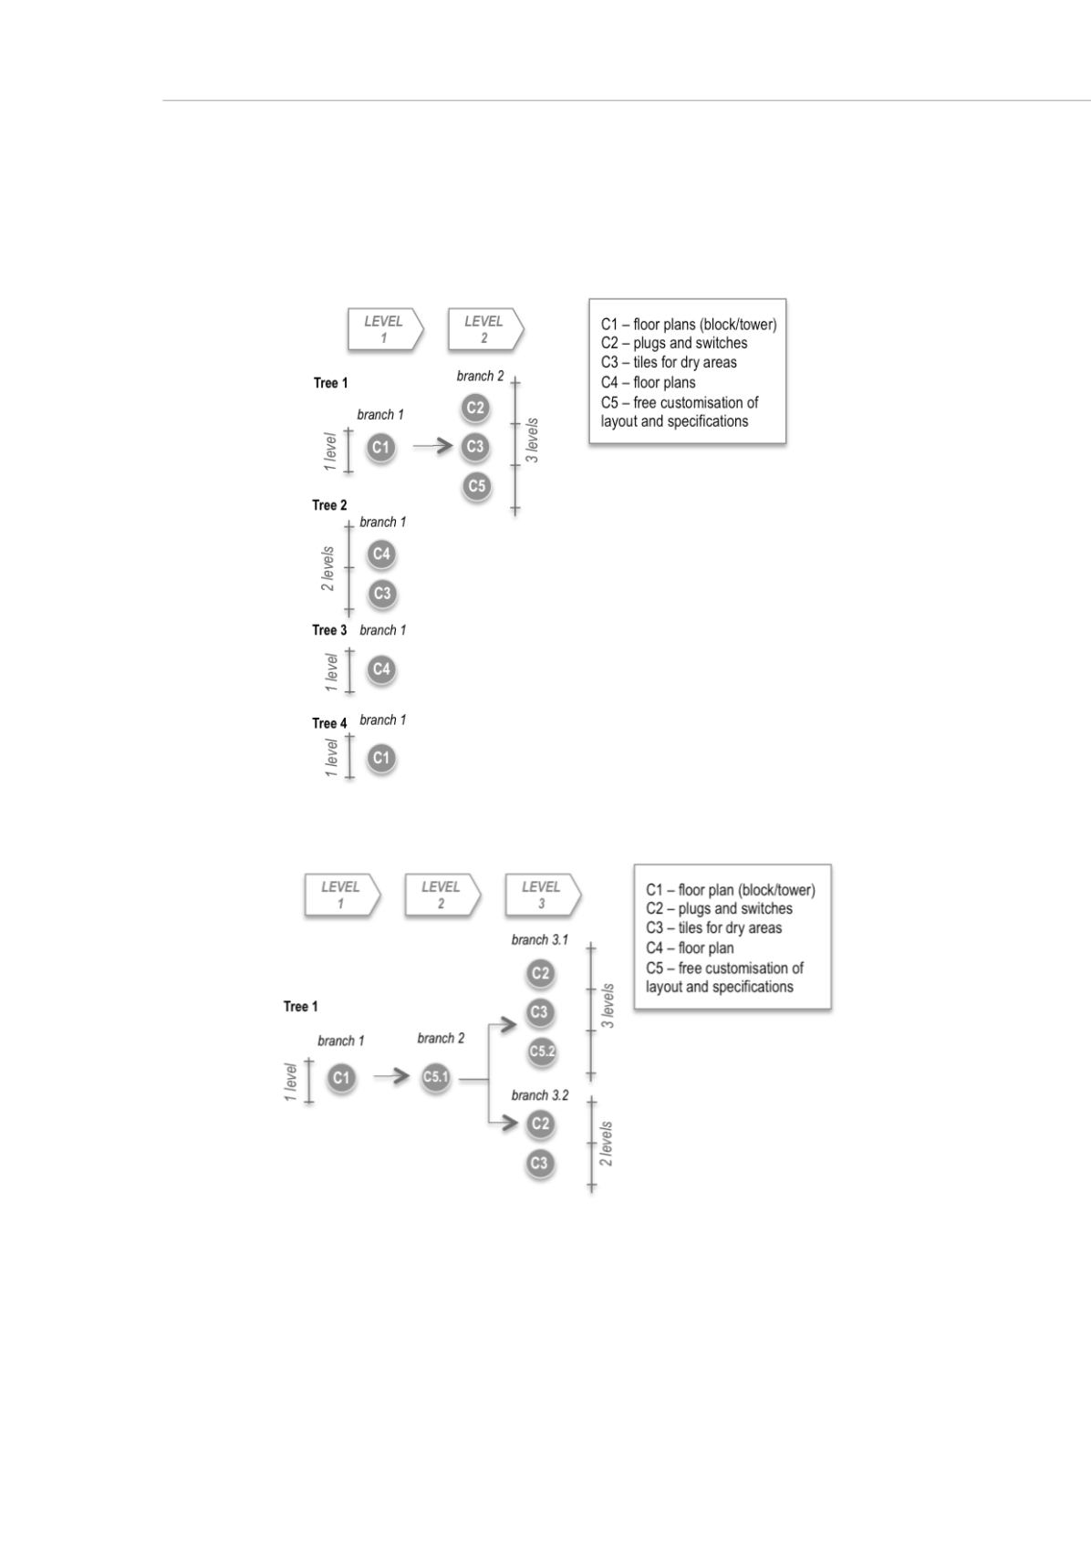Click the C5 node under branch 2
pos(477,486)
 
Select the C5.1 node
pos(435,1076)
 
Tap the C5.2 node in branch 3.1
pos(542,1051)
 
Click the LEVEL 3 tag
pos(543,895)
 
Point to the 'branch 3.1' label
pos(540,939)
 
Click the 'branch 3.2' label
pos(540,1095)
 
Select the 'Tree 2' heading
pos(329,505)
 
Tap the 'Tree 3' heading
pos(329,630)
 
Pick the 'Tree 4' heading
pos(329,723)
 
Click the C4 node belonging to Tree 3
pos(381,668)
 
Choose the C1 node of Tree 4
pos(381,759)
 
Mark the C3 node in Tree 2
pos(382,594)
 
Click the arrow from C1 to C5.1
pos(391,1076)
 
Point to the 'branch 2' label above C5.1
pos(442,1038)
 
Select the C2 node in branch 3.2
pos(540,1124)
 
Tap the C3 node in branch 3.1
pos(540,1012)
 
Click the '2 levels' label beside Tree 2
pos(327,569)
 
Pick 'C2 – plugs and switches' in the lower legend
pos(719,908)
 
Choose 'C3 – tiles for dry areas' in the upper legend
pos(669,362)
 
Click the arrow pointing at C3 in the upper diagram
pos(432,446)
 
